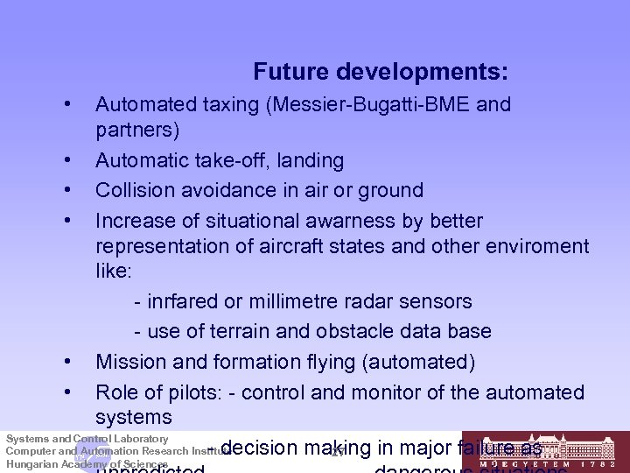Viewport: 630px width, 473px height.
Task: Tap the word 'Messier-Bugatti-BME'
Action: click(376, 105)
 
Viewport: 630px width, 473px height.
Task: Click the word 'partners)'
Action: click(137, 131)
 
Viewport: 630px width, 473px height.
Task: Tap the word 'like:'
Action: click(114, 271)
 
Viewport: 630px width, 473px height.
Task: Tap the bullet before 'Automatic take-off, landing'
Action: click(67, 160)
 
